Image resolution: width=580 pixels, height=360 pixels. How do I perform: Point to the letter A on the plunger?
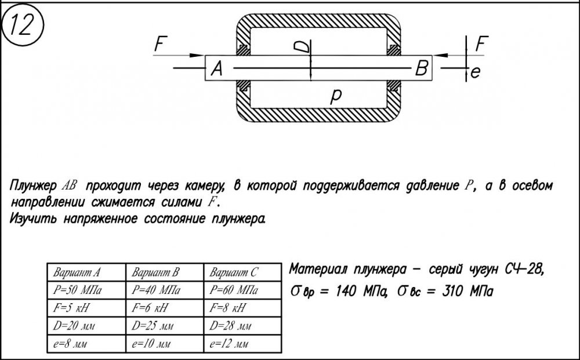point(217,68)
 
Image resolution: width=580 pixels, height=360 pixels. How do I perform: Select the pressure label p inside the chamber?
point(335,97)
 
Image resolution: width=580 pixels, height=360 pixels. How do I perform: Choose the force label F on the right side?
point(481,43)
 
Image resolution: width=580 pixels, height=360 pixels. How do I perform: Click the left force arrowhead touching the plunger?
point(197,56)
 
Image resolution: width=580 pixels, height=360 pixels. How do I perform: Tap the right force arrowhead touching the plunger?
point(440,56)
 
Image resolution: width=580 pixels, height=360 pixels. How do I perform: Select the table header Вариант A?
point(77,273)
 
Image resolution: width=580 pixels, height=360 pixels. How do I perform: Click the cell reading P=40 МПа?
point(156,290)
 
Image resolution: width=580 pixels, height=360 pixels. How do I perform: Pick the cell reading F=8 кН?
point(227,307)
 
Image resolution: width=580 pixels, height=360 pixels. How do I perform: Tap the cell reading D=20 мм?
point(74,326)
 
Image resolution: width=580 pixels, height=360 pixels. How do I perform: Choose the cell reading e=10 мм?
point(151,344)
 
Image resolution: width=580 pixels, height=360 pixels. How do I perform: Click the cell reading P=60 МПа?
point(234,290)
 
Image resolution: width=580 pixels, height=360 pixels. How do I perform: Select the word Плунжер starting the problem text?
point(33,186)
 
